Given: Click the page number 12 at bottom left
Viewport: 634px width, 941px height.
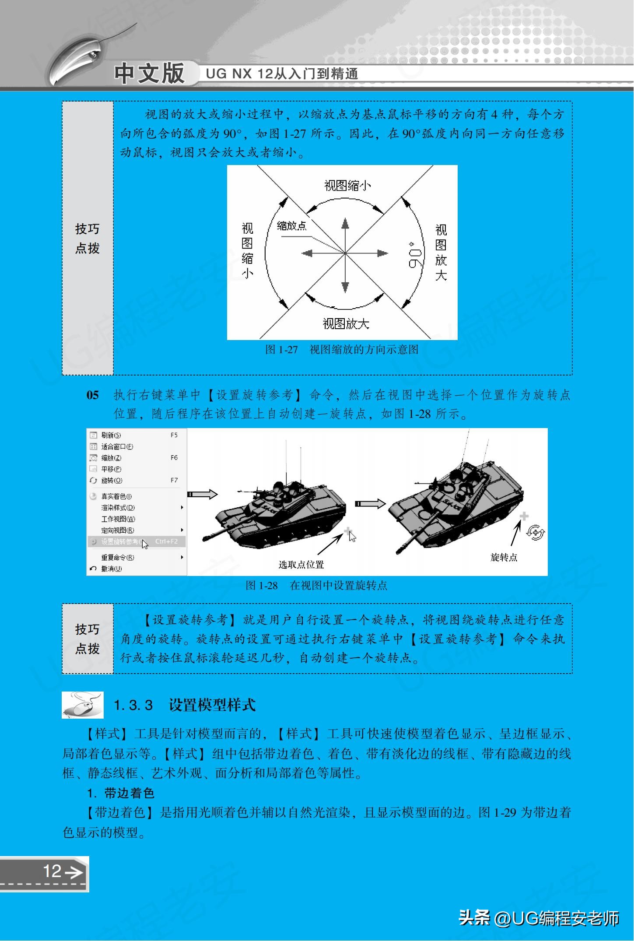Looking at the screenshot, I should tap(52, 871).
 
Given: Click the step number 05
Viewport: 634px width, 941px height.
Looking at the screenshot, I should tap(92, 395).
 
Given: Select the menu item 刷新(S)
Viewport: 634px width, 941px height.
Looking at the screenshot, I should tap(111, 435).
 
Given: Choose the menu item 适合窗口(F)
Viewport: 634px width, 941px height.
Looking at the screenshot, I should tap(117, 446).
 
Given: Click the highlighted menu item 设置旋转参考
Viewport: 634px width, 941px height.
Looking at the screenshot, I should tap(120, 541).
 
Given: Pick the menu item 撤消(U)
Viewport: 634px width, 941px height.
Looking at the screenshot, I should tap(111, 569).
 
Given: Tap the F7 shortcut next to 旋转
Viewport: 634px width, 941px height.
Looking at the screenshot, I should tap(174, 480).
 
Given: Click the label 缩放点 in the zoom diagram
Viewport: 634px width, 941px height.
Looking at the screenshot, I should tap(292, 226).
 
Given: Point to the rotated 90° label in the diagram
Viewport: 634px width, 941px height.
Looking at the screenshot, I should tap(414, 253).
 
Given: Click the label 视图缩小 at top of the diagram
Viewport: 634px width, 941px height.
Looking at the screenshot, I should tap(347, 186).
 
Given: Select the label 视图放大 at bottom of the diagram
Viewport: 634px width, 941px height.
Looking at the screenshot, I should tap(346, 324).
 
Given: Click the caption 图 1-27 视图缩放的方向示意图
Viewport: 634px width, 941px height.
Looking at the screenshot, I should tap(342, 350).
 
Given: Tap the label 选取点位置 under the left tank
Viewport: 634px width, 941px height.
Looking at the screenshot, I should tap(301, 565).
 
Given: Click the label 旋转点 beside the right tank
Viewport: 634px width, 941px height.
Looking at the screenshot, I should tap(504, 557).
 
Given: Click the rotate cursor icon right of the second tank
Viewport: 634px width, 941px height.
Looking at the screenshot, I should tap(536, 533).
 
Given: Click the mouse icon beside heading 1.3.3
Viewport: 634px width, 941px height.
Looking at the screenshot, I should tap(83, 705).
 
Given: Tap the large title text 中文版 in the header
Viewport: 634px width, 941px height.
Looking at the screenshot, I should tap(149, 73).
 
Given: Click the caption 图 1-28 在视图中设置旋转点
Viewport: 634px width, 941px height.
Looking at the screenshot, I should tap(316, 586).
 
